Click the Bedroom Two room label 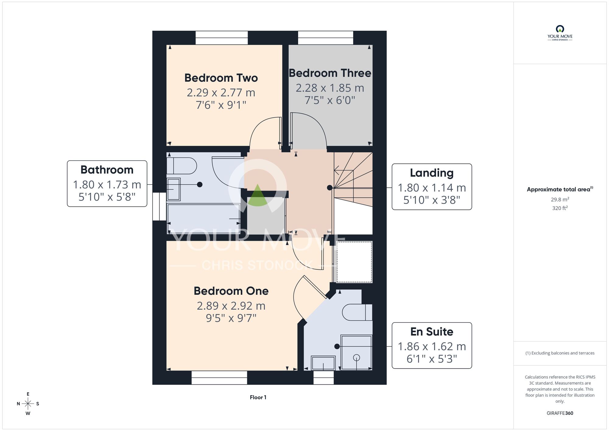pos(221,78)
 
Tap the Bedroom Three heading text pos(330,73)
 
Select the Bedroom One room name pos(231,291)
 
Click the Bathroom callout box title pos(107,170)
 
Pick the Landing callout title pos(432,173)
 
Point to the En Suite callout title pos(432,332)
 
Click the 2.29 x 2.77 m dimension pos(221,92)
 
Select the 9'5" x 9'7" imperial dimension pos(231,318)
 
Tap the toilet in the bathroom pos(182,166)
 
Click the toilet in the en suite pos(357,312)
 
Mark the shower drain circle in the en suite pos(357,358)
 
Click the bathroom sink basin pos(174,189)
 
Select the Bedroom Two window pos(222,38)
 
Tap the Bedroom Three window pos(326,38)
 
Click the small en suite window pos(324,378)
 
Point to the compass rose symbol pos(28,404)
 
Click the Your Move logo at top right pos(560,33)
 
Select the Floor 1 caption pos(258,397)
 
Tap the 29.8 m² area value pos(560,200)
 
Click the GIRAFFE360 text pos(560,413)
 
